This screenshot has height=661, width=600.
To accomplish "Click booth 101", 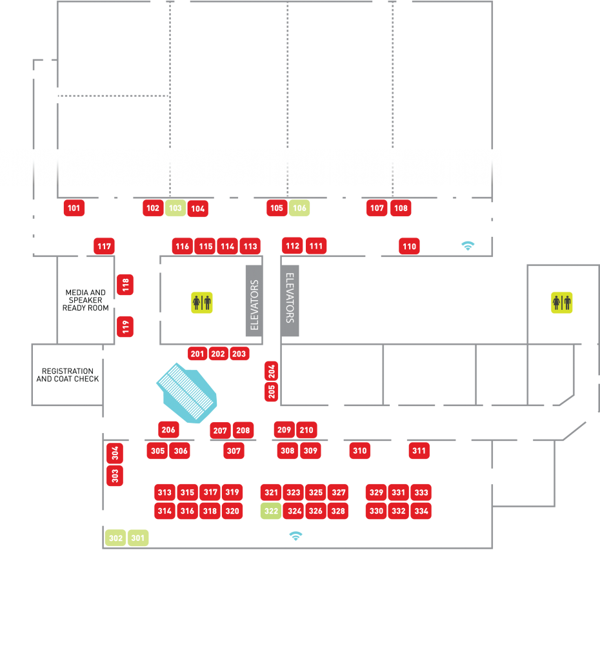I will pos(74,208).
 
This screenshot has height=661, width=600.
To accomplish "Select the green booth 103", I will pos(175,208).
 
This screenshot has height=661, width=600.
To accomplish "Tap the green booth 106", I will pos(299,208).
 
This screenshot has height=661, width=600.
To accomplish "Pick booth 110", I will pos(409,247).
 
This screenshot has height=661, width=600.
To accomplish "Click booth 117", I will pos(104,246).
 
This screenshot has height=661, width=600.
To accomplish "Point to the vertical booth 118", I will pos(126,284).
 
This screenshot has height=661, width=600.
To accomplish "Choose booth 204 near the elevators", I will pos(272,371).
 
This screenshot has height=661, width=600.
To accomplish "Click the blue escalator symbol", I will pos(187,389).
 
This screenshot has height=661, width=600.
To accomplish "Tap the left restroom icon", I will pos(202,302).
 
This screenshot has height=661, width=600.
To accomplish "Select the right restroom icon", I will pos(561,302).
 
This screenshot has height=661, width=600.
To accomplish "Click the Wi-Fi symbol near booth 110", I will pos(468,245).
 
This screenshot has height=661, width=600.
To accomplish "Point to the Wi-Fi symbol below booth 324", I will pos(295,536).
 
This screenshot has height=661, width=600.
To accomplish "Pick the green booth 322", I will pos(271,511).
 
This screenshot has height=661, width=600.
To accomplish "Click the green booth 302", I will pos(115,538).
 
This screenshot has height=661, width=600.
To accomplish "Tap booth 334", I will pos(421,511).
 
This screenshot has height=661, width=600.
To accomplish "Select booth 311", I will pos(419,451).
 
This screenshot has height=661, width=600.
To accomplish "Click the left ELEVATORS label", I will pos(254,305).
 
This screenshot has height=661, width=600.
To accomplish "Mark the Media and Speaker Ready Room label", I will pos(86,300).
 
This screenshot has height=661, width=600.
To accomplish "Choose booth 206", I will pos(168,430).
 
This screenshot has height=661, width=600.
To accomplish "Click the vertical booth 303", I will pos(115,476).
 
